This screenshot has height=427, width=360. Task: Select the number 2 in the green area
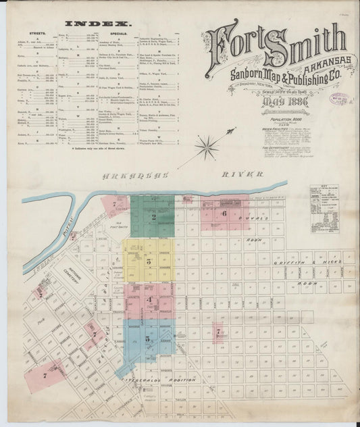pos(154,217)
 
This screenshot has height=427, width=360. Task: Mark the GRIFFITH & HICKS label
pos(322,258)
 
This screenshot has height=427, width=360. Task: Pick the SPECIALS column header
pos(116,32)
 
